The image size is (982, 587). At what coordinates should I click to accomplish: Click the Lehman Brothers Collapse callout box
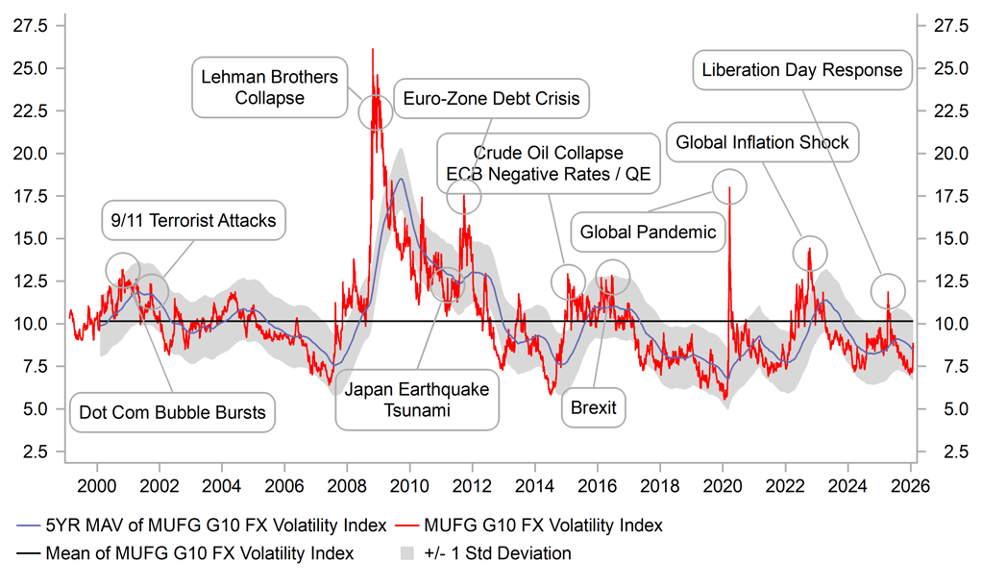point(270,86)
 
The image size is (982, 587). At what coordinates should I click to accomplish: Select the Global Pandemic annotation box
point(648,232)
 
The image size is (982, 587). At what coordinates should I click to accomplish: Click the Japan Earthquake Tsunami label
point(417,400)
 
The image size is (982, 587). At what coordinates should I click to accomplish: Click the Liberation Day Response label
point(802,70)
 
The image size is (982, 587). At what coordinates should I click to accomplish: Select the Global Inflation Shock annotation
point(762,142)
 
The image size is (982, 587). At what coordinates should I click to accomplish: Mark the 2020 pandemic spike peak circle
point(729,185)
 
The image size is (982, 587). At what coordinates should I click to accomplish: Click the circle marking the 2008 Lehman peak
point(376,112)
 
